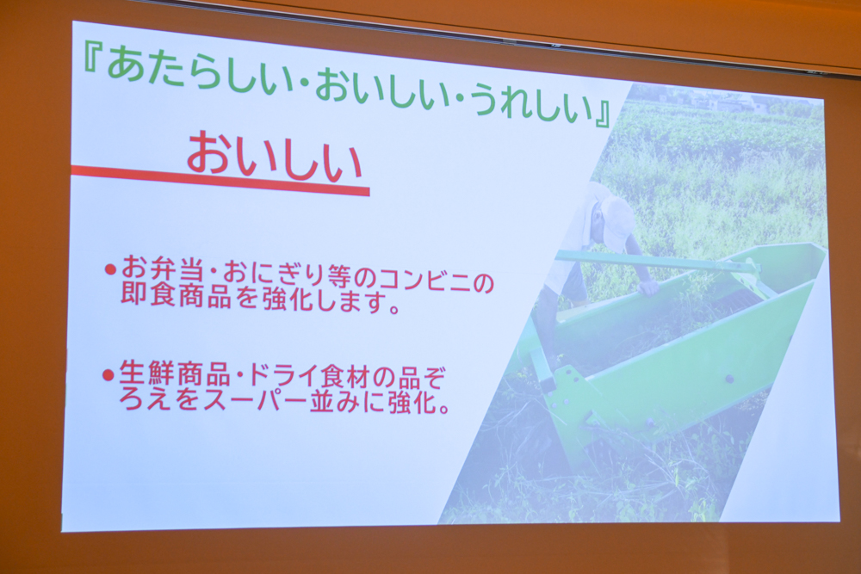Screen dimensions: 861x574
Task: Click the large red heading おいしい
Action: coord(274,158)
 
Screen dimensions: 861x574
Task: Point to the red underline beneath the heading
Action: coord(220,179)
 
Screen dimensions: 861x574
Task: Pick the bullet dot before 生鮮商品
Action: coord(108,375)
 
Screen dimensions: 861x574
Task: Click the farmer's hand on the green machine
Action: coord(649,287)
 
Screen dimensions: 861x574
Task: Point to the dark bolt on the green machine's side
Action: coord(729,379)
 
